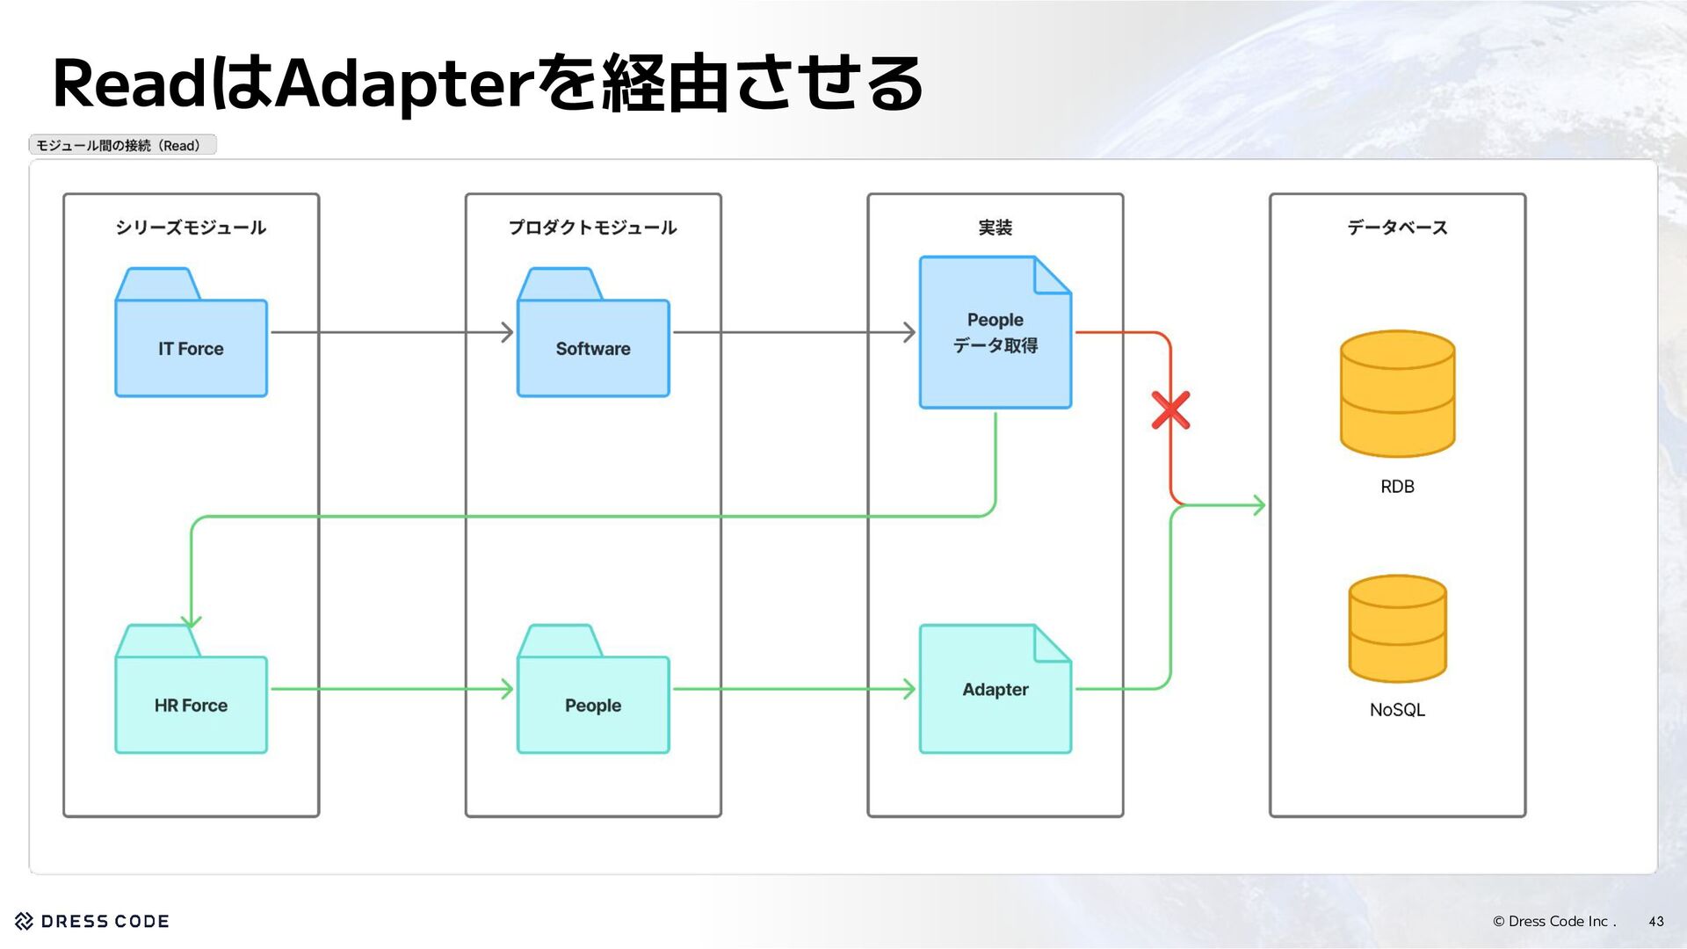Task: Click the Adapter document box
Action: (995, 689)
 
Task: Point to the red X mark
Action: (1170, 410)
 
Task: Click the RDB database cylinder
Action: (1397, 394)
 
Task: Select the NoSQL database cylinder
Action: (1397, 628)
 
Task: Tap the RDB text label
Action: (1397, 487)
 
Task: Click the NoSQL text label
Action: (1397, 710)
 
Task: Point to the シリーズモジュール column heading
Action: (191, 228)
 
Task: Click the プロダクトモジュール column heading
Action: (593, 228)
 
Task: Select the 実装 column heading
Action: (995, 228)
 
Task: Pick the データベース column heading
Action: (1397, 228)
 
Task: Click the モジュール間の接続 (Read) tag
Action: (122, 145)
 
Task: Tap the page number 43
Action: (1655, 922)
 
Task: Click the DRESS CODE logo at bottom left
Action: (92, 921)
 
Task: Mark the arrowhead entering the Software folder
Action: (508, 332)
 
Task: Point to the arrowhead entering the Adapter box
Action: (909, 689)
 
